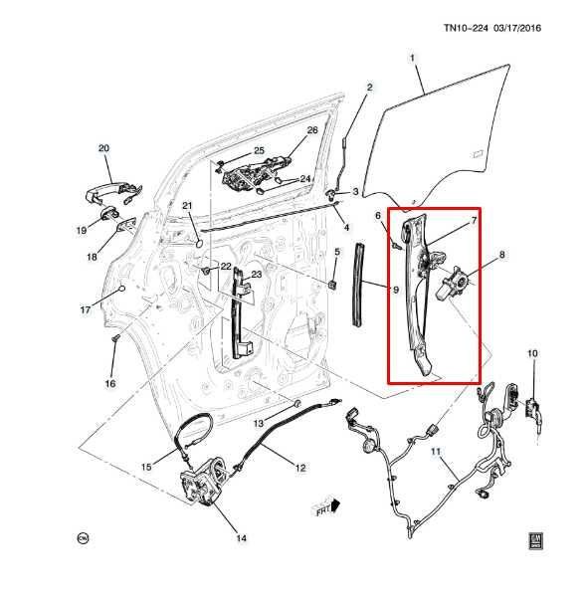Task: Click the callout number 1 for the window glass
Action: click(412, 59)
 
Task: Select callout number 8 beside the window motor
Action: click(501, 255)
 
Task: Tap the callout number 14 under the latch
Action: click(242, 538)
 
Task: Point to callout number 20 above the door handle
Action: click(103, 148)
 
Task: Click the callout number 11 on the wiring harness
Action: click(436, 452)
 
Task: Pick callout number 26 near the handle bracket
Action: click(312, 130)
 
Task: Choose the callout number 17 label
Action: click(85, 310)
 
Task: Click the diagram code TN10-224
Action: click(466, 28)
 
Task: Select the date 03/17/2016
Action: click(517, 28)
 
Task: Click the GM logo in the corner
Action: click(536, 540)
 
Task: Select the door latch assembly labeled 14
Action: click(202, 482)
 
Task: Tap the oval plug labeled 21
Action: click(198, 243)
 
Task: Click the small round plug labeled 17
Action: click(121, 289)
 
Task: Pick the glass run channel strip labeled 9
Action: click(359, 285)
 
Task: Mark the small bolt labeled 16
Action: click(115, 338)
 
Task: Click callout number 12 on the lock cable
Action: click(300, 468)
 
